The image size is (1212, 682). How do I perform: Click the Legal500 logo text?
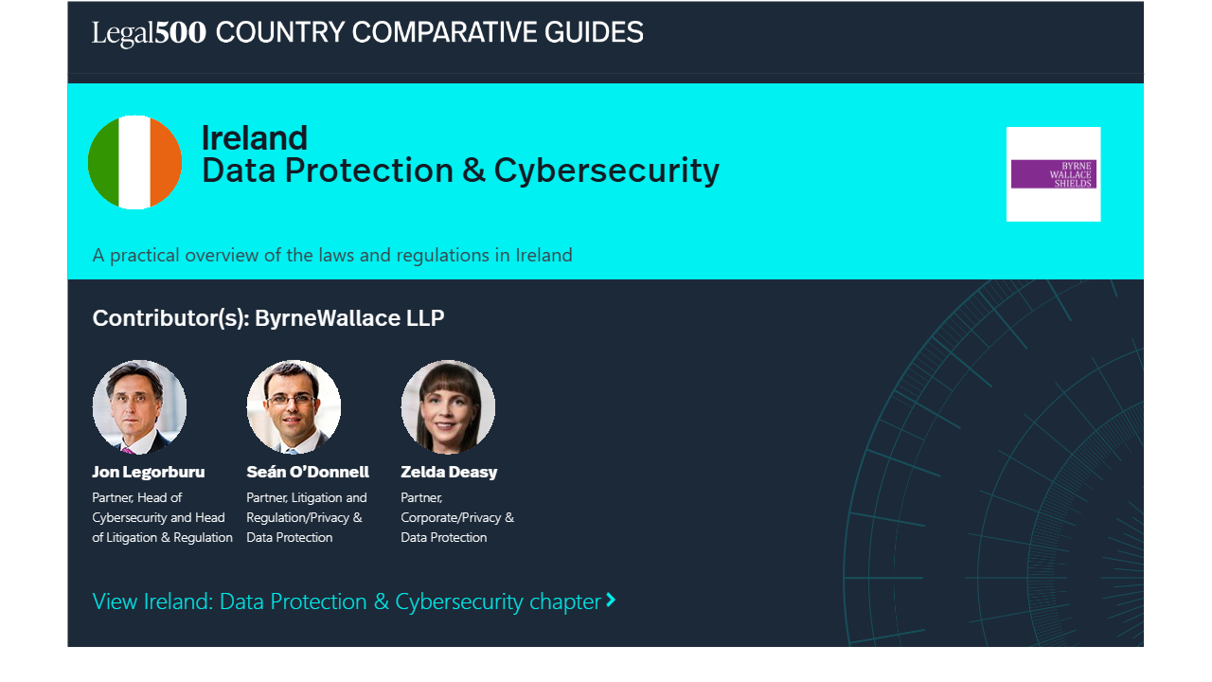pyautogui.click(x=149, y=33)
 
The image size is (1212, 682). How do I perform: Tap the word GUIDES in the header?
pyautogui.click(x=594, y=32)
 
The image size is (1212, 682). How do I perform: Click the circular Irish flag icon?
pyautogui.click(x=134, y=162)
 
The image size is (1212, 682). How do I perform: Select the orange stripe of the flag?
pyautogui.click(x=166, y=162)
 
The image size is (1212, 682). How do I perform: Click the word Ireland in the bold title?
pyautogui.click(x=255, y=138)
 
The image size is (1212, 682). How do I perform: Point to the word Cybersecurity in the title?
pyautogui.click(x=607, y=171)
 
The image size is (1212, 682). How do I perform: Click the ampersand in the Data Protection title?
pyautogui.click(x=473, y=170)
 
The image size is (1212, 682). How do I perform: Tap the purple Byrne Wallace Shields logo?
pyautogui.click(x=1054, y=174)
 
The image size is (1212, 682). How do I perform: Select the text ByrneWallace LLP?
pyautogui.click(x=349, y=317)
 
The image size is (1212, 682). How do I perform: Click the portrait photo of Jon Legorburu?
pyautogui.click(x=139, y=406)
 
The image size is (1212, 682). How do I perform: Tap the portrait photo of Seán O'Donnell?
pyautogui.click(x=294, y=406)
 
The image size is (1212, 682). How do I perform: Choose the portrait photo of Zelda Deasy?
pyautogui.click(x=448, y=406)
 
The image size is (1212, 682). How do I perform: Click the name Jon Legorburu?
pyautogui.click(x=149, y=472)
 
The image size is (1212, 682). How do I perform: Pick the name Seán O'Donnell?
pyautogui.click(x=308, y=472)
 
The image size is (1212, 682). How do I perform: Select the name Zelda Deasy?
pyautogui.click(x=449, y=472)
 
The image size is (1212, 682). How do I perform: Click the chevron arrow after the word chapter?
pyautogui.click(x=611, y=600)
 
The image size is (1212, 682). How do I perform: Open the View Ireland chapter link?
pyautogui.click(x=354, y=601)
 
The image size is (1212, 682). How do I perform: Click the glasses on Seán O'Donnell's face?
pyautogui.click(x=291, y=400)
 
